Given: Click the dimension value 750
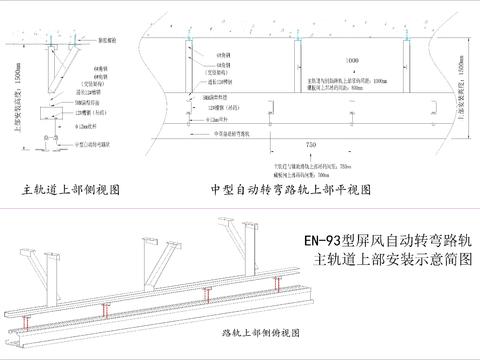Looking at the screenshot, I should click(311, 145).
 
